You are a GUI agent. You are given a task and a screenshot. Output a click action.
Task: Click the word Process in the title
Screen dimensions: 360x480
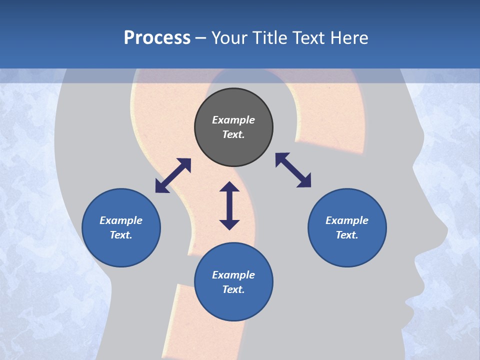pos(157,38)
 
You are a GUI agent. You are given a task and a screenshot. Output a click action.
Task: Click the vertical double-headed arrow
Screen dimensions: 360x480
pos(229,205)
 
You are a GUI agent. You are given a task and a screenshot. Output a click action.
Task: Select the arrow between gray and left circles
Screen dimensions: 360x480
pos(173,175)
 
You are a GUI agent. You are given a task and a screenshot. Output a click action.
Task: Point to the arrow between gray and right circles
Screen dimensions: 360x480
pos(293,170)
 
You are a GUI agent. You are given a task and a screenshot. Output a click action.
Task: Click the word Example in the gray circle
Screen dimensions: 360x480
pos(233,120)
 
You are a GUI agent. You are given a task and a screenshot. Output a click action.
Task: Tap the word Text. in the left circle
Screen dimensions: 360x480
pos(121,235)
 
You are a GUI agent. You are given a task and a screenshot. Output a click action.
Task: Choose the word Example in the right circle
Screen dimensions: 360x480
pos(347,220)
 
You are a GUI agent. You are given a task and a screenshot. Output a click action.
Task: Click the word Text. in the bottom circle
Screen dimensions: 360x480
pos(233,289)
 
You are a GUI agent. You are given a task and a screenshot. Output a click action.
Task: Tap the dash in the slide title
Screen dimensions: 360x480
pos(201,38)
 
